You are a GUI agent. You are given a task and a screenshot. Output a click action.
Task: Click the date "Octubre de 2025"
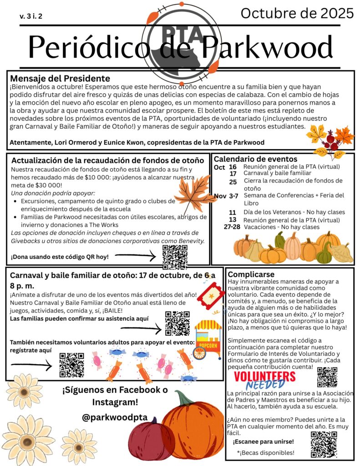click(x=297, y=14)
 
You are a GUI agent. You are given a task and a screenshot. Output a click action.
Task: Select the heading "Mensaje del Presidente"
click(x=60, y=78)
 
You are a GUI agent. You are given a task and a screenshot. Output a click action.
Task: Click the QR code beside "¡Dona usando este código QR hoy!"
click(x=175, y=257)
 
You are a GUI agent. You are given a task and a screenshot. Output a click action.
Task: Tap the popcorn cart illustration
click(x=208, y=338)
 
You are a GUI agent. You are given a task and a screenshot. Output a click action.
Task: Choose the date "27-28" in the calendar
click(x=232, y=227)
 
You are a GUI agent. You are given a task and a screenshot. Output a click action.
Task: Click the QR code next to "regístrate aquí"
click(x=71, y=365)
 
